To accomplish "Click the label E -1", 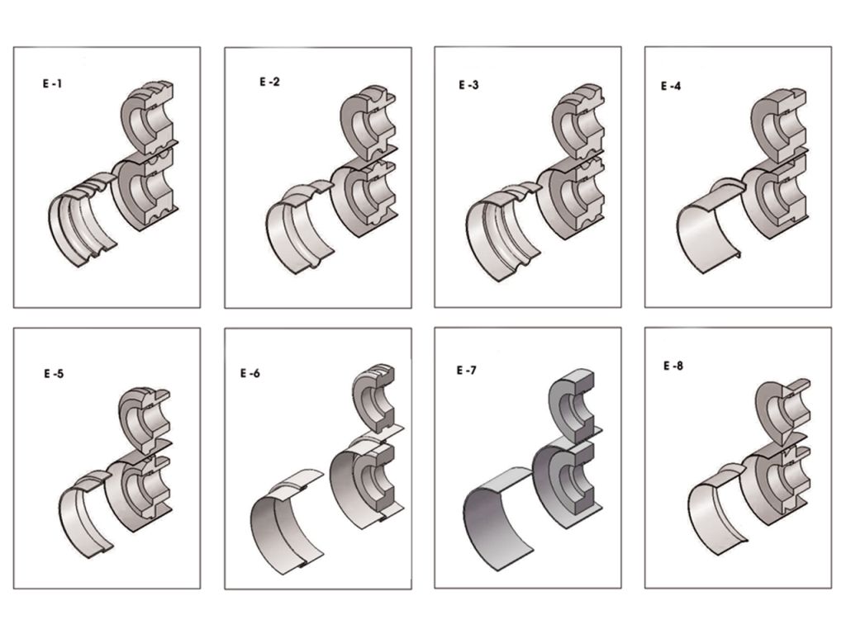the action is [x=52, y=84].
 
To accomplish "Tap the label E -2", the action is [x=270, y=82].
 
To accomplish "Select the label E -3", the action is [x=468, y=85].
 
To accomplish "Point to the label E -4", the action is [x=671, y=86].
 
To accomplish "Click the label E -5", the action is [x=54, y=373].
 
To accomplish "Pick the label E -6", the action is [x=250, y=373].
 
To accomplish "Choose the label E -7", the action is [x=467, y=371].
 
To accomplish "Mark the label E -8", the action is [x=673, y=366].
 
